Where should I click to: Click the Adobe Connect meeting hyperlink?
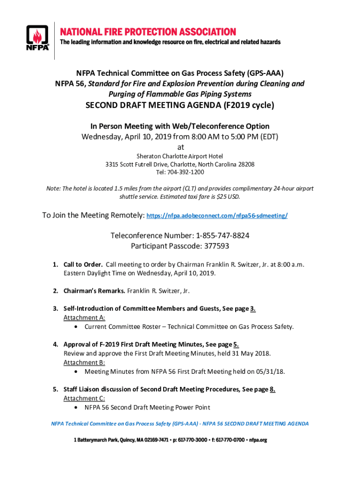217,216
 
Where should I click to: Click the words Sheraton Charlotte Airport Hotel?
180,156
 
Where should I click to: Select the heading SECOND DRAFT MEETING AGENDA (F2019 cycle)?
180,106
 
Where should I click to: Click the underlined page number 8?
273,389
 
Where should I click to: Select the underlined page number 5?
236,345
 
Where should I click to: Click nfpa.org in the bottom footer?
258,440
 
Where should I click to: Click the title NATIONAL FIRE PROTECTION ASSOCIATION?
147,32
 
